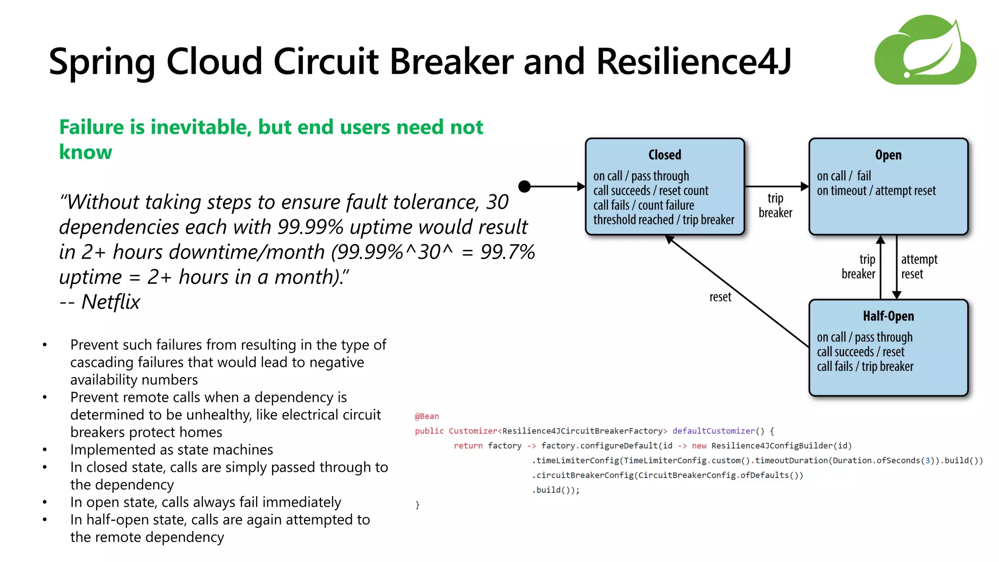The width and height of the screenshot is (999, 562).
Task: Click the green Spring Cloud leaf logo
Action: tap(925, 50)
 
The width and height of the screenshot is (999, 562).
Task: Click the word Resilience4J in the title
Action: tap(693, 62)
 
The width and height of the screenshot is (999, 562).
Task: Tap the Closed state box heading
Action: tap(664, 155)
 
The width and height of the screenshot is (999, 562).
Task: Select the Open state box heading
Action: tap(888, 155)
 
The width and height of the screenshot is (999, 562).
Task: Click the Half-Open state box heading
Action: tap(888, 316)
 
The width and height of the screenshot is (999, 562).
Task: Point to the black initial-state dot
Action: tap(524, 186)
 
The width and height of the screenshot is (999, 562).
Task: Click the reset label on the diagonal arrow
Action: tap(720, 297)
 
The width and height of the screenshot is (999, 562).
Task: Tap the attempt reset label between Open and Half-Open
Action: tap(919, 266)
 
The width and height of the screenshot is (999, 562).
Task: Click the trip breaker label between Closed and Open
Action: tap(775, 205)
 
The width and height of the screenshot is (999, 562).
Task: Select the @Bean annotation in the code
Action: tap(427, 416)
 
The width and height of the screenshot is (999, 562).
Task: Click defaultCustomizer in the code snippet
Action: tap(713, 431)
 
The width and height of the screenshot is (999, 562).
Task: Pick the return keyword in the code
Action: tap(468, 445)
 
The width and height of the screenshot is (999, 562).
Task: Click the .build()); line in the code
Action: tap(556, 490)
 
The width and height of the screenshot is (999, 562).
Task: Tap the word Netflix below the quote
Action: tap(111, 302)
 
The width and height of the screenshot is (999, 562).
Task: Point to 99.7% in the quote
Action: tap(507, 252)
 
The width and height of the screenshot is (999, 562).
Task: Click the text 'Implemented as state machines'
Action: tap(171, 449)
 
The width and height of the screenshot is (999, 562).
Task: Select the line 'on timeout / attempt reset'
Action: tap(876, 191)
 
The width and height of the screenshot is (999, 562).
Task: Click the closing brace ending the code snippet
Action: tap(418, 505)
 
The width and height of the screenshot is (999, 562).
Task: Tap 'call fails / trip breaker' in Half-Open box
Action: tap(865, 366)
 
